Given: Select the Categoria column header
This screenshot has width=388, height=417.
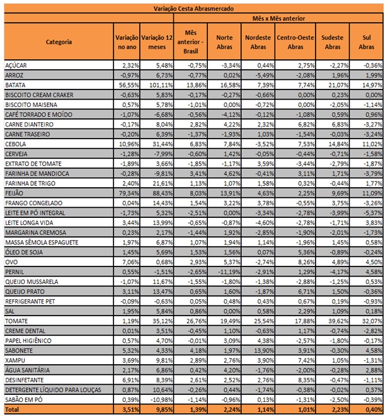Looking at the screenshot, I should point(59,42).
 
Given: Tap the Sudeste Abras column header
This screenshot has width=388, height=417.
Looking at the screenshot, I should point(330,42).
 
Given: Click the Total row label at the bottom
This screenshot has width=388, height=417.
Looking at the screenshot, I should point(13,409).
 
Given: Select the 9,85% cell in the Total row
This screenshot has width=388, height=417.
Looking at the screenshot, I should point(156,409).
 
